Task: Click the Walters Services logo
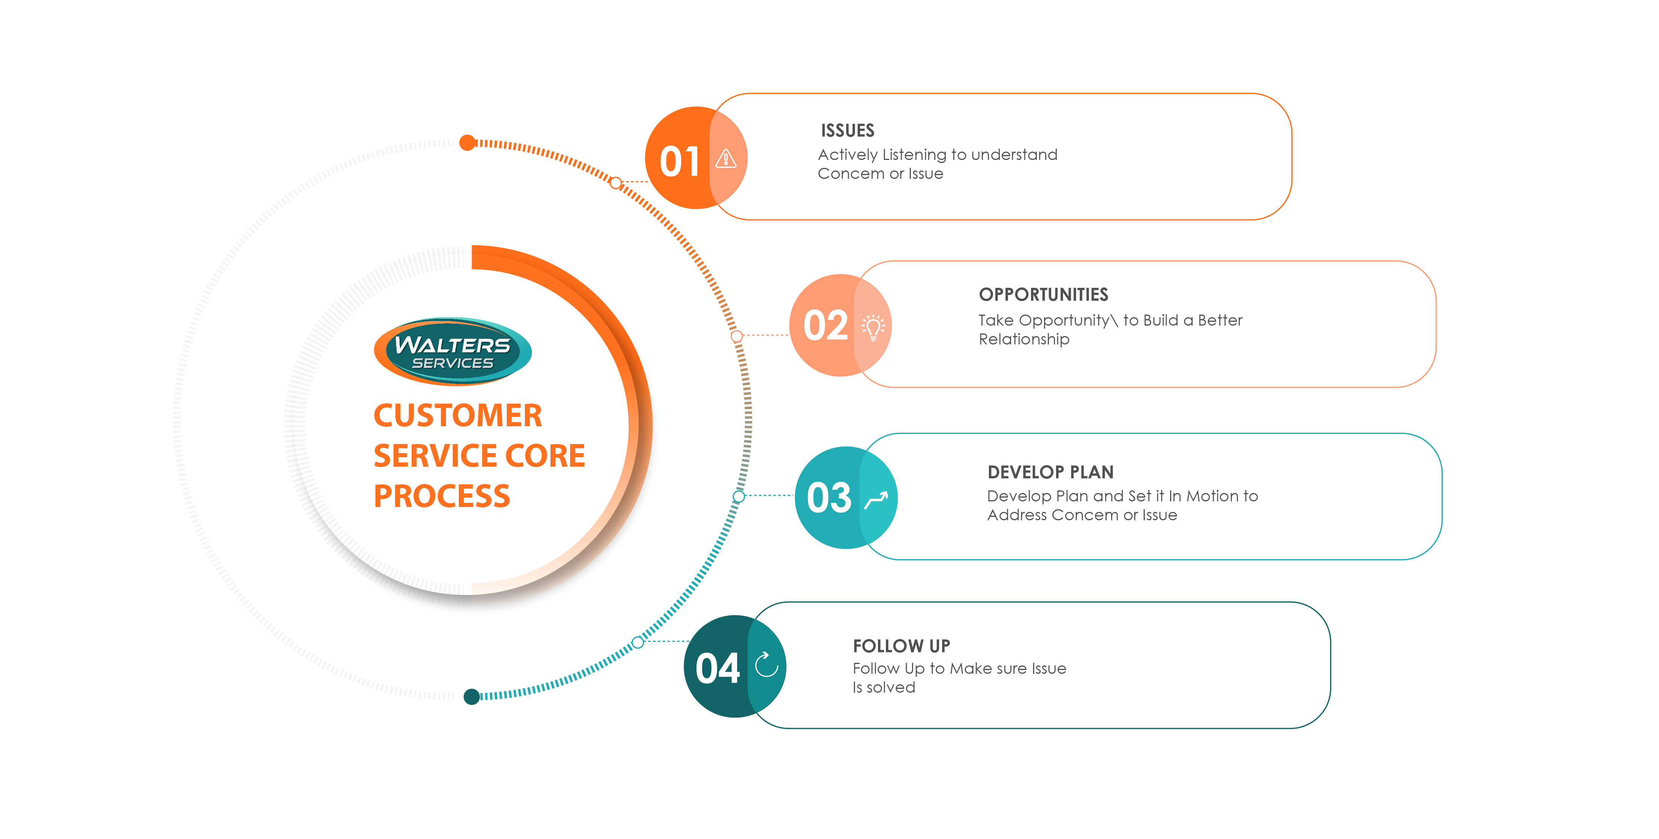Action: click(x=453, y=352)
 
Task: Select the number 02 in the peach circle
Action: click(x=825, y=326)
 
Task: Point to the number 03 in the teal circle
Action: click(x=829, y=498)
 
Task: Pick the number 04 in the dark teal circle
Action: click(x=717, y=668)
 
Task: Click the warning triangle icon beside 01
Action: click(x=726, y=158)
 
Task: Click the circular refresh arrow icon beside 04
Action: click(x=766, y=664)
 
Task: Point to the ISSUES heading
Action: click(x=847, y=131)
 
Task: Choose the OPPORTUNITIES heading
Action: click(x=1043, y=295)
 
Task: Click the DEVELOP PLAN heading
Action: click(x=1050, y=472)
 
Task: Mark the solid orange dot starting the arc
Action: click(x=467, y=142)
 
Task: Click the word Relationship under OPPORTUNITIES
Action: click(x=1024, y=339)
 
